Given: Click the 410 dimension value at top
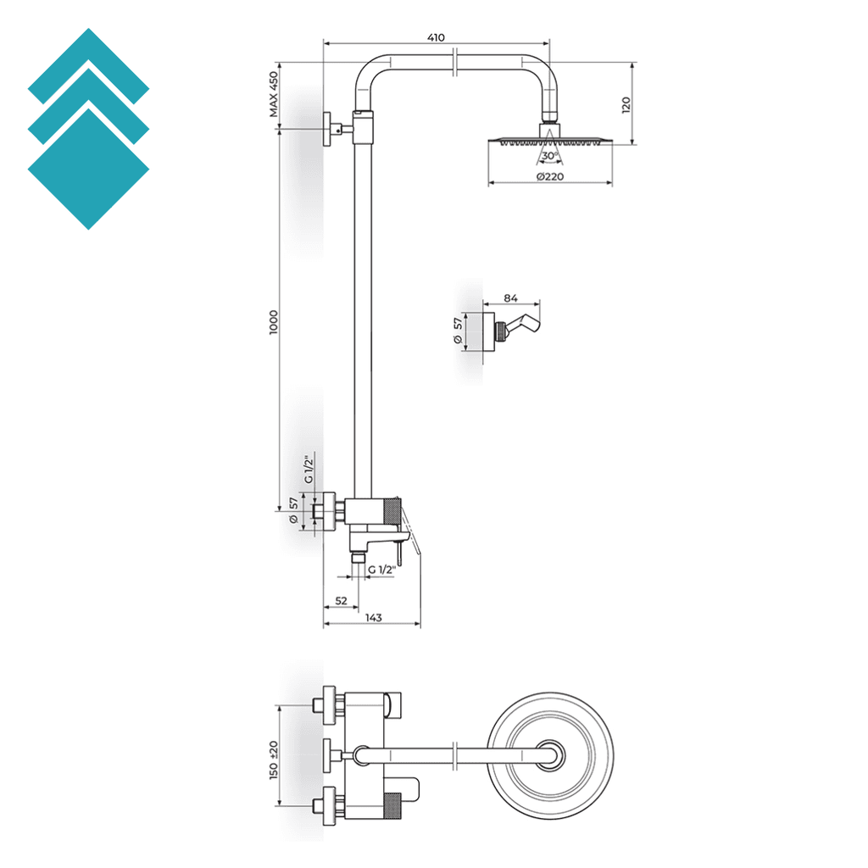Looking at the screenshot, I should pos(436,37).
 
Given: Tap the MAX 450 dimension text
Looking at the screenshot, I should pos(274,94).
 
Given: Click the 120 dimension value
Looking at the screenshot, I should pos(626,105).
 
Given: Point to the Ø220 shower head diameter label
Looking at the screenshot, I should pos(551,176).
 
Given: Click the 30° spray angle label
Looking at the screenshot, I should pos(549,156).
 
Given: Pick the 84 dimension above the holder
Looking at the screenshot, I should pos(510,298).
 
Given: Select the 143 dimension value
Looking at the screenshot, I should pos(374,617).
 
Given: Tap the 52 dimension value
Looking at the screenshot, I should pos(341,600).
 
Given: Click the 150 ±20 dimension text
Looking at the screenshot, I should pos(274,759).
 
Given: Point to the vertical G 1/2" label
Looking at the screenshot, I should pos(309,470).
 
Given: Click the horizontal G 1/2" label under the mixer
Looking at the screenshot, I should pos(381,570).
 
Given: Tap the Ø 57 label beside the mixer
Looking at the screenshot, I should pos(294,512).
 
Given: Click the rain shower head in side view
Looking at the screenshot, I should pos(550,140).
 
